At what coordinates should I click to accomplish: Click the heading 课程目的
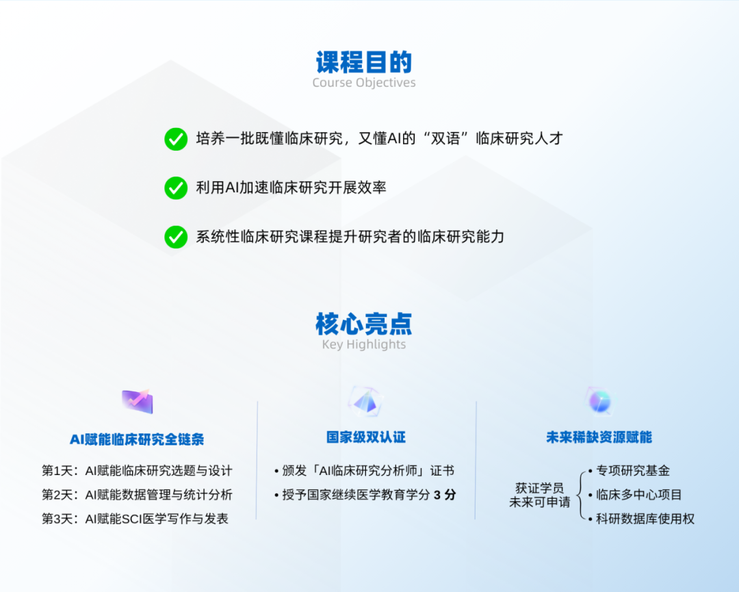[364, 62]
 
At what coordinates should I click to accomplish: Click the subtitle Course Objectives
[364, 83]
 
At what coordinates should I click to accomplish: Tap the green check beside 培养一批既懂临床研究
[176, 139]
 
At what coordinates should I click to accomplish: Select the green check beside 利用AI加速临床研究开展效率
[176, 188]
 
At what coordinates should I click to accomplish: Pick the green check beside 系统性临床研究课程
[176, 237]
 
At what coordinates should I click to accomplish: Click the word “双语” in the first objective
[445, 138]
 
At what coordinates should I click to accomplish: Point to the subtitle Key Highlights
[364, 344]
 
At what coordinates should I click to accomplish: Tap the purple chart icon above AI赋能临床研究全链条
[137, 402]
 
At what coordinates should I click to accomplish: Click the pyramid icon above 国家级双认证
[365, 402]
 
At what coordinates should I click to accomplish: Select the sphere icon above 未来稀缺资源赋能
[599, 402]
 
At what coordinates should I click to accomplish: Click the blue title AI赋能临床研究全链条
[137, 439]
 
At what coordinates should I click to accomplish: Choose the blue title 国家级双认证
[365, 437]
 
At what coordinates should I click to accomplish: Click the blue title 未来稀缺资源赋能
[599, 437]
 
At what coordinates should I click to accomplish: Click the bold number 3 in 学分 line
[437, 496]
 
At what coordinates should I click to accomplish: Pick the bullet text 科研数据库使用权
[645, 519]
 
